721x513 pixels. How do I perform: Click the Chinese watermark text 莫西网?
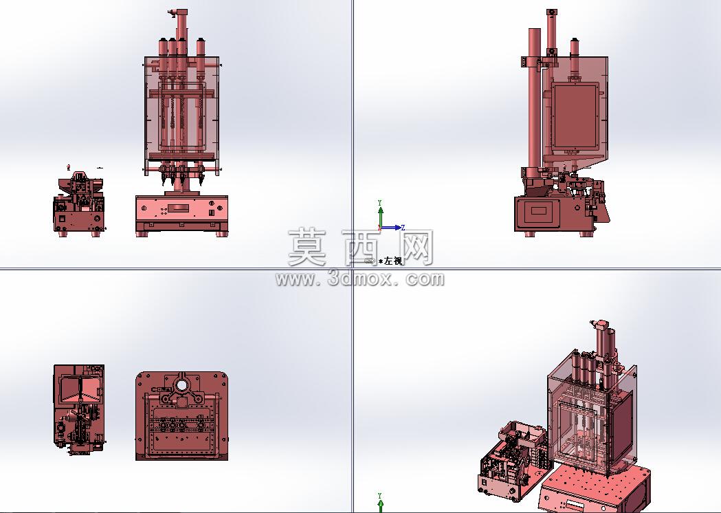tap(361, 248)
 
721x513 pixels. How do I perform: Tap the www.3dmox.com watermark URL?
tap(360, 279)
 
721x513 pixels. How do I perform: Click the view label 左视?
tap(393, 261)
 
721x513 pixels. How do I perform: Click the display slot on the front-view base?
tap(179, 208)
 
